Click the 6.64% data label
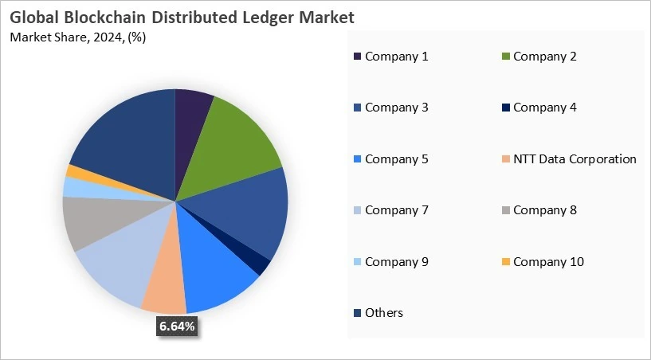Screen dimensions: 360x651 tap(176, 326)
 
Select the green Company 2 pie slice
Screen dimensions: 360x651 tap(235, 143)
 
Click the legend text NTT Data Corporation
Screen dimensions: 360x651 tap(575, 158)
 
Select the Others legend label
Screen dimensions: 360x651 tap(383, 312)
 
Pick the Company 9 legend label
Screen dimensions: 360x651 tap(396, 261)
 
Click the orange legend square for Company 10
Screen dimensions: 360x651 tap(505, 261)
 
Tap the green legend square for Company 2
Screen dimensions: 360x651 tap(505, 56)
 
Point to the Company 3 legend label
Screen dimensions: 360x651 tap(396, 107)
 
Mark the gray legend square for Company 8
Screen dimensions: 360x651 tap(505, 210)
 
